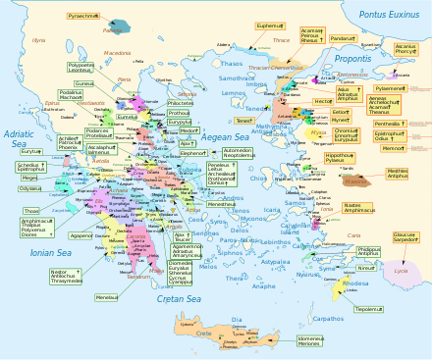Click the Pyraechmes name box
[84, 17]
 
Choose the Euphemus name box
[270, 26]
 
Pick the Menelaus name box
[108, 297]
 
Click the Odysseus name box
[30, 188]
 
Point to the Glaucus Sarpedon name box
[405, 237]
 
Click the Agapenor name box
[82, 235]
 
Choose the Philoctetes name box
[181, 102]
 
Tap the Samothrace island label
[236, 78]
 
